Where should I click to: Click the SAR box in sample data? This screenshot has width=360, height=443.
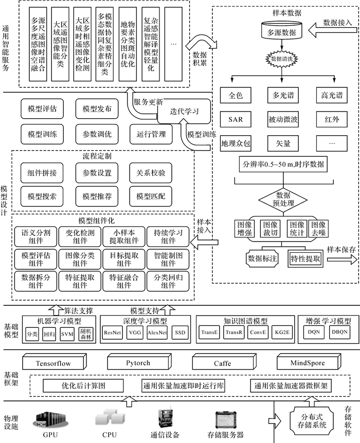tap(236, 120)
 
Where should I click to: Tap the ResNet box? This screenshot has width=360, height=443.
tap(113, 333)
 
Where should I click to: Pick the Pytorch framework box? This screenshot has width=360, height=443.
tap(138, 363)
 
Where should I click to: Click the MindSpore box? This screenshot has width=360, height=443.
tap(307, 363)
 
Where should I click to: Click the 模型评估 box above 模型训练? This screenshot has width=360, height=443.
tap(39, 109)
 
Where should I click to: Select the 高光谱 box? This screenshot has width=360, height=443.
tap(330, 95)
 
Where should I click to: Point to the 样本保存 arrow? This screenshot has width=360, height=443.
tap(340, 259)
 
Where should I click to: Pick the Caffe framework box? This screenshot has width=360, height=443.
tap(223, 363)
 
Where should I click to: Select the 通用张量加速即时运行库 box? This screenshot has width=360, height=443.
tap(182, 385)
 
